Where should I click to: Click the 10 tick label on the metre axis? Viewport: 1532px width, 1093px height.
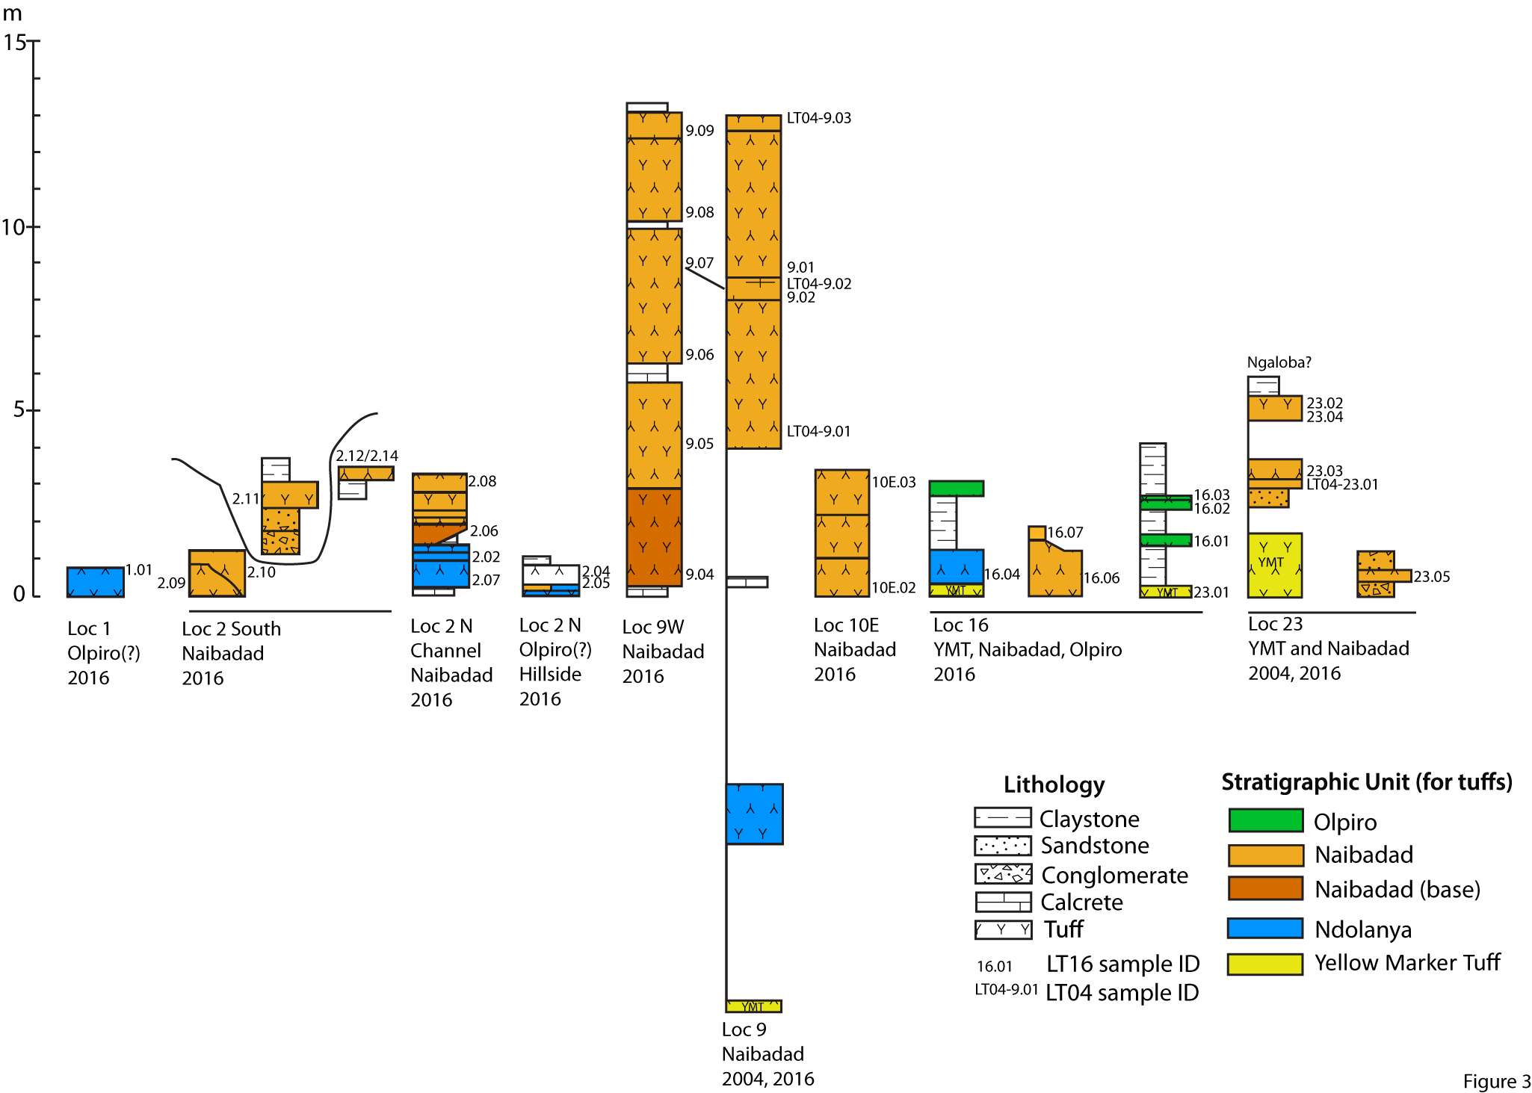14,226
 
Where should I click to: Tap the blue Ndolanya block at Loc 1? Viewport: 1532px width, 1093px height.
96,582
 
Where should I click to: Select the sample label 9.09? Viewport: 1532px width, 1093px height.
700,131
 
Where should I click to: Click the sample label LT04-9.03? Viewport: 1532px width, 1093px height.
819,118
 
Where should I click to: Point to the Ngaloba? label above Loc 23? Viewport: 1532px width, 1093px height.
1279,362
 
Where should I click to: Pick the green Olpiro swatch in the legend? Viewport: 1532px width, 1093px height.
1266,820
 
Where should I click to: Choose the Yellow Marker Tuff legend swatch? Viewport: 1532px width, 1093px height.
1265,964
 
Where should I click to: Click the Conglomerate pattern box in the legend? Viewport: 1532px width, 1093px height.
1003,873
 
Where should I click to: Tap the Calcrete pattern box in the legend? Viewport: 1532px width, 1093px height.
1003,902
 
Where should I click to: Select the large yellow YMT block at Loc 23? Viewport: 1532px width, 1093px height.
1275,565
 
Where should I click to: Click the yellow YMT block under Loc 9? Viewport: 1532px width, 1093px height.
754,1006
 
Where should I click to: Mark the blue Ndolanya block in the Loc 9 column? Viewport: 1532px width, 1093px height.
755,814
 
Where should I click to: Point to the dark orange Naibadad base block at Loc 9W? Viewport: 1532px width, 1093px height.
655,537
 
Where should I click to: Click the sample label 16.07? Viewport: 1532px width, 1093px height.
1065,533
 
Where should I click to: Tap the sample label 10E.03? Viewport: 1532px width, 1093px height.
894,482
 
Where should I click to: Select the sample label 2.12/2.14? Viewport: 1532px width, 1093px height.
367,456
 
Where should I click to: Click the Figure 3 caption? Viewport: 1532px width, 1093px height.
1497,1082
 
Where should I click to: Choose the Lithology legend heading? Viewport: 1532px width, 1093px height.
1054,784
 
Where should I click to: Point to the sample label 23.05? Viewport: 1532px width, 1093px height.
1432,577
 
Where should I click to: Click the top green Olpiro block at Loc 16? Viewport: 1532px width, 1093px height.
957,489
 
